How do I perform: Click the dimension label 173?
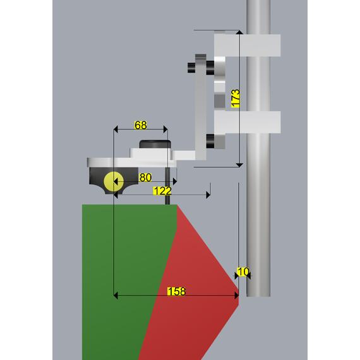click(236, 99)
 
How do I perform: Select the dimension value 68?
click(140, 125)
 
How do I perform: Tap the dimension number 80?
click(145, 177)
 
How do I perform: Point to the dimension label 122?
click(162, 191)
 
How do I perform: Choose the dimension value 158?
click(176, 292)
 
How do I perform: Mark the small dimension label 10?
click(243, 272)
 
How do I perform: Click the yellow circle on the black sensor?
click(114, 181)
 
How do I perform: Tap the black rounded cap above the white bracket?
click(155, 144)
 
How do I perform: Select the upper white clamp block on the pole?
click(248, 45)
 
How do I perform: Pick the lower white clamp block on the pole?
click(248, 122)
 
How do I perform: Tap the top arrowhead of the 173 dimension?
click(239, 32)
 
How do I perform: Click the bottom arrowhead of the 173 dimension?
click(239, 165)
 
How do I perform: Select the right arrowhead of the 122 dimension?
click(208, 195)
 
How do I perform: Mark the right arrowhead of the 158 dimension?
click(236, 296)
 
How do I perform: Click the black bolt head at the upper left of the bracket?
click(191, 68)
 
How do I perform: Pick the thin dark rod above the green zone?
click(167, 186)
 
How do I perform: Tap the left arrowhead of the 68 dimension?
click(116, 129)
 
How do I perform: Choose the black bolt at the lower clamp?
click(210, 141)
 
